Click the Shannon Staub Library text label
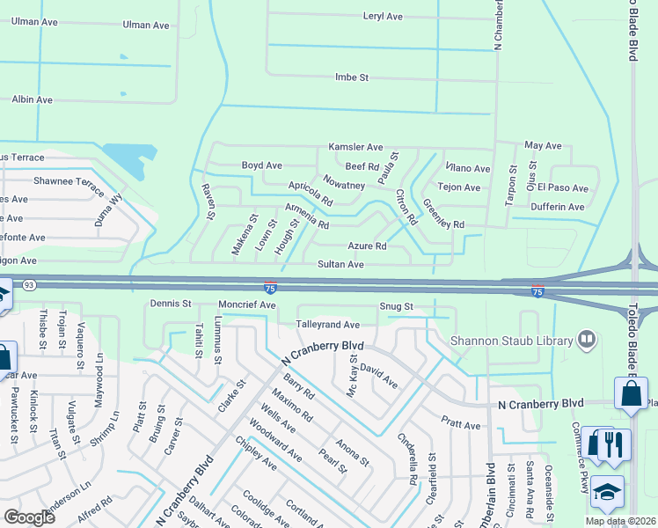(509, 340)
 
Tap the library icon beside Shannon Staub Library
(585, 340)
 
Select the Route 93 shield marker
(29, 283)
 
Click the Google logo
(29, 517)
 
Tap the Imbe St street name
(352, 77)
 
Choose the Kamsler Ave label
(355, 147)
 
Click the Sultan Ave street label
(340, 264)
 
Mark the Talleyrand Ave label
(328, 325)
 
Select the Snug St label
(397, 306)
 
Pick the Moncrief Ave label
(247, 304)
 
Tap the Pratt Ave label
(461, 425)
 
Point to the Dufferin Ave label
(558, 207)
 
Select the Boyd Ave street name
(261, 165)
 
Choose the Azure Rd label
(367, 246)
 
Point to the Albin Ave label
(32, 99)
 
